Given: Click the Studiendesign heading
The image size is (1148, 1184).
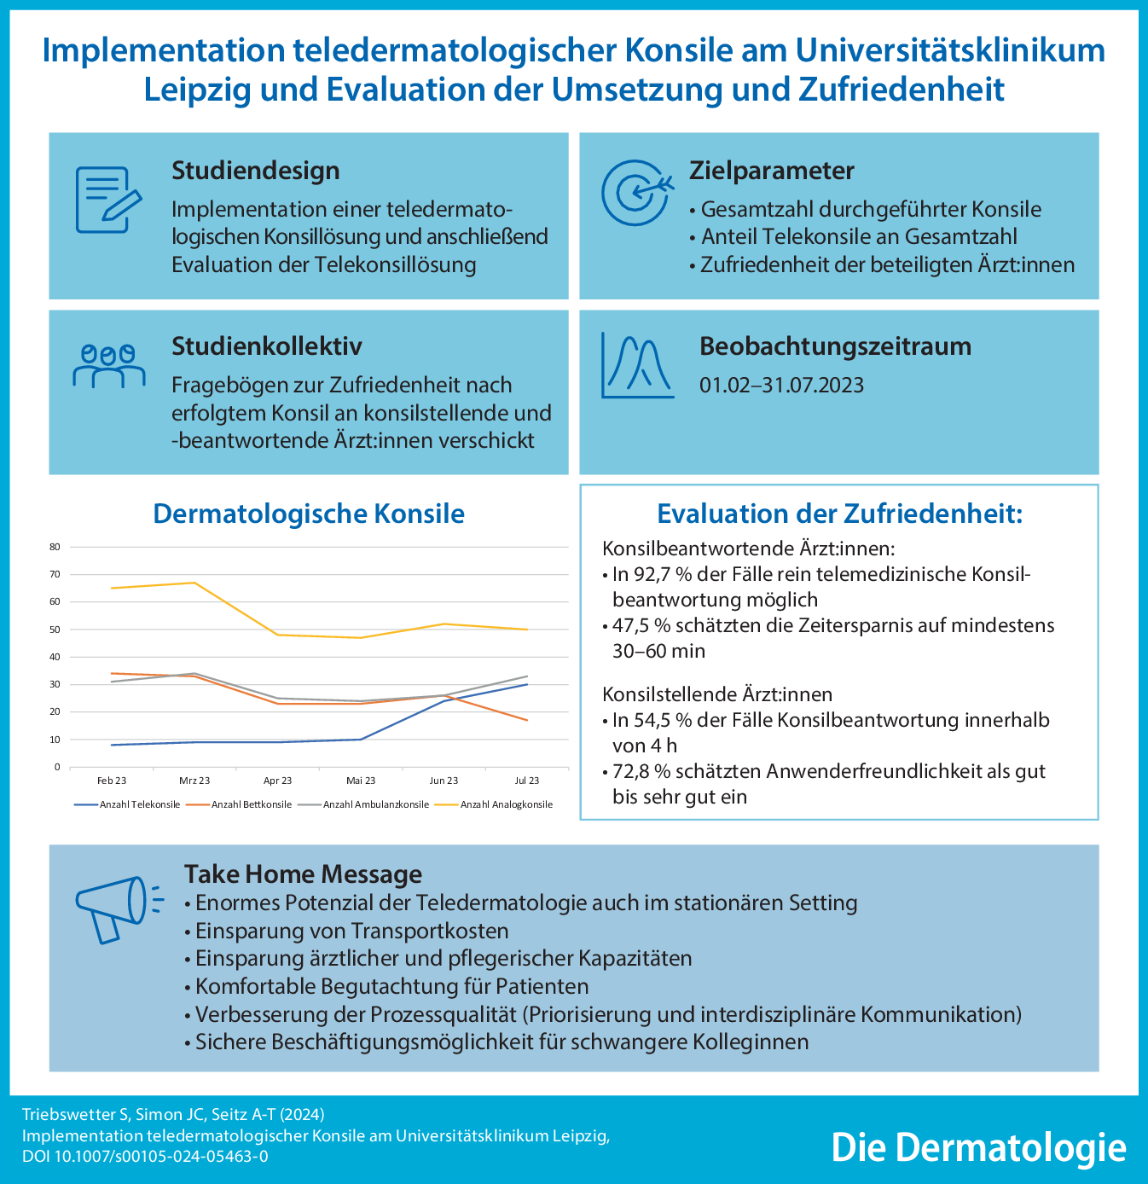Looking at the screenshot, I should tap(256, 171).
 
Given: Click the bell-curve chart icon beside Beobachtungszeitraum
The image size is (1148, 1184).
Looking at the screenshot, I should tap(636, 365).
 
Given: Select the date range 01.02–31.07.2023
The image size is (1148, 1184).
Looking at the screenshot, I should tap(781, 386).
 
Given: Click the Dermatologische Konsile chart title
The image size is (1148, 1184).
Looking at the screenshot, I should tap(309, 514).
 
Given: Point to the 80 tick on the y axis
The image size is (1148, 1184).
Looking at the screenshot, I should tap(55, 547).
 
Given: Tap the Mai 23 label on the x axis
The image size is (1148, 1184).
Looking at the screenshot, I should tap(361, 781).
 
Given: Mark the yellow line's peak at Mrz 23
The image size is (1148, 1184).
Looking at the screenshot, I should tap(194, 583).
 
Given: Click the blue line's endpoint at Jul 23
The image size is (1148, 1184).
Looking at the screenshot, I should tap(527, 684).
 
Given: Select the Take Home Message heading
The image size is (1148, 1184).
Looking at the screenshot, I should tap(303, 874).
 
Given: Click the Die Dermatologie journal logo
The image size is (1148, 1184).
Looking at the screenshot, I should tap(978, 1147).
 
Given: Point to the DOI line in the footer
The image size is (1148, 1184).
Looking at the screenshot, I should tap(145, 1157).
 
